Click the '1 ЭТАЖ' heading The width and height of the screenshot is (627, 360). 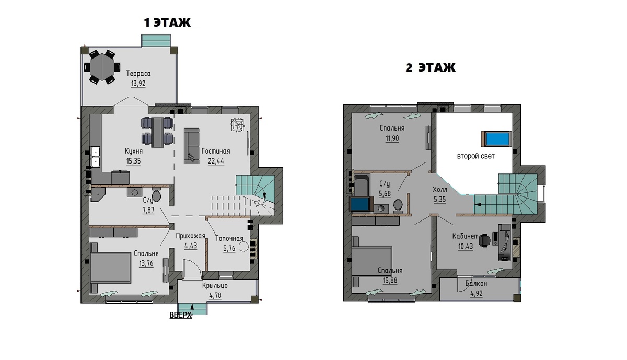(x=167, y=22)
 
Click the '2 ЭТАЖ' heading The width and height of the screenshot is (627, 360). (x=431, y=68)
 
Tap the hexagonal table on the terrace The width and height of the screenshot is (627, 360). (x=102, y=67)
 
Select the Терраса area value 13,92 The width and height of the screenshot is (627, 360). (x=138, y=84)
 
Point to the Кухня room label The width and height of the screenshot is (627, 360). (x=134, y=152)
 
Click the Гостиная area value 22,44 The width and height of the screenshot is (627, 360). (x=216, y=161)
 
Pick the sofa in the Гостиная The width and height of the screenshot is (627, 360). (x=191, y=146)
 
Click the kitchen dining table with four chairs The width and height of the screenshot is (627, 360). (x=157, y=132)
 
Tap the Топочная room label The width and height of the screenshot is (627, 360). (x=229, y=239)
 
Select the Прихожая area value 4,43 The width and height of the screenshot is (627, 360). (x=191, y=246)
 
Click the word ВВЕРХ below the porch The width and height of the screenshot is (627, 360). (x=181, y=315)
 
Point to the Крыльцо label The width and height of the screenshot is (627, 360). (x=215, y=286)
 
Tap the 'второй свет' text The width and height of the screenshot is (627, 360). (x=476, y=156)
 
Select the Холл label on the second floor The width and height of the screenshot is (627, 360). (x=440, y=190)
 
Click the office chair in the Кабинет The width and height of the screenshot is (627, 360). (x=484, y=240)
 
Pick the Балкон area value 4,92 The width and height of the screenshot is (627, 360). (x=476, y=294)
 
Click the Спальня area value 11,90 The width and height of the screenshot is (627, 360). (x=392, y=138)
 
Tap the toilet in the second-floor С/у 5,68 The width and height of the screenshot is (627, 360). (x=398, y=205)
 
